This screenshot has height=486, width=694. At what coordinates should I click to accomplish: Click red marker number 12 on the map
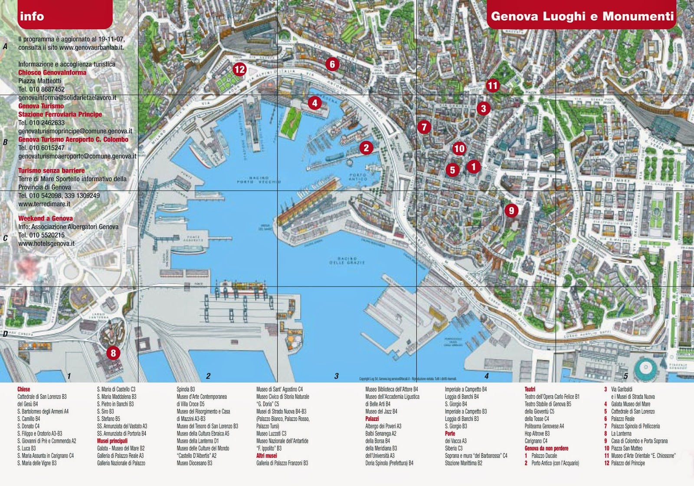[239, 69]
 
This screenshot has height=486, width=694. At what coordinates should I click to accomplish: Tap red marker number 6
[332, 64]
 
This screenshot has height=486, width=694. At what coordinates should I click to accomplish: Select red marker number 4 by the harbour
[315, 103]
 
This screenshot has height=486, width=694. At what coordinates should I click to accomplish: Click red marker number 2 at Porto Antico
[367, 148]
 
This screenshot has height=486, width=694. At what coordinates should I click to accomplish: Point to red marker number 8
[113, 353]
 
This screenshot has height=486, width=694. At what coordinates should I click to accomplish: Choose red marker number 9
[511, 211]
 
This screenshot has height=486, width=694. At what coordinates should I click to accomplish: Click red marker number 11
[492, 85]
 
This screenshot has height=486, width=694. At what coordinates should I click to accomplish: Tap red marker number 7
[424, 127]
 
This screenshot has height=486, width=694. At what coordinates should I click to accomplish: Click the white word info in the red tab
[32, 16]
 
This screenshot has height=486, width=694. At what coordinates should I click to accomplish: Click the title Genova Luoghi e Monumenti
[582, 16]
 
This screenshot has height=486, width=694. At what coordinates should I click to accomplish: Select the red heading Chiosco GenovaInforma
[52, 73]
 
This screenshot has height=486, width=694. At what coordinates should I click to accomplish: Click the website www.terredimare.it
[44, 204]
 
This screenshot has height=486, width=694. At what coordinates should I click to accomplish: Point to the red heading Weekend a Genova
[46, 218]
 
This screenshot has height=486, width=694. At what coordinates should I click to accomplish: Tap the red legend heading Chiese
[24, 389]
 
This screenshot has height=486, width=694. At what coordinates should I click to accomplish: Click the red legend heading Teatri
[530, 389]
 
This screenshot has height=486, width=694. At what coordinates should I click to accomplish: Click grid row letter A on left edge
[5, 46]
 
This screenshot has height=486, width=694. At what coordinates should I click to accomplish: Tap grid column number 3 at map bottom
[336, 376]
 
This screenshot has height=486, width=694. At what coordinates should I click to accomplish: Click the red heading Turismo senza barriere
[51, 170]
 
